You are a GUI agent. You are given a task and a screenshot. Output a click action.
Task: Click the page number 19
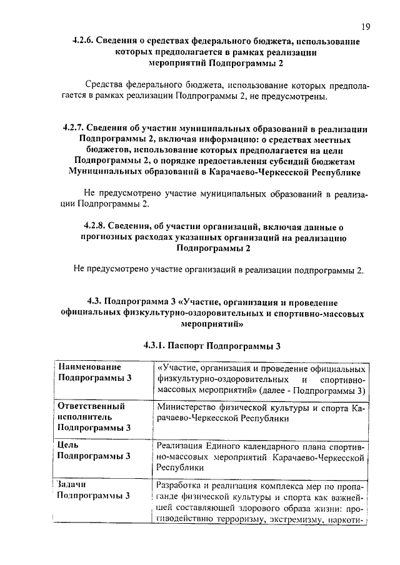366,26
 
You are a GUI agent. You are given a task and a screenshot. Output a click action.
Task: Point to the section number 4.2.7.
76,127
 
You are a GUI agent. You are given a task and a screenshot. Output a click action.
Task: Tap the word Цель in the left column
67,445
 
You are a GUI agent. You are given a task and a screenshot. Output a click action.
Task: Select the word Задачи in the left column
71,484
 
